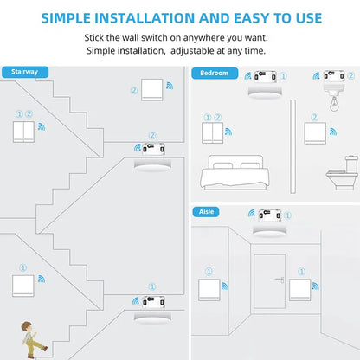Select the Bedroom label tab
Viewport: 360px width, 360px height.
click(214, 74)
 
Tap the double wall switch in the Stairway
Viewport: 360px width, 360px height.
click(23, 131)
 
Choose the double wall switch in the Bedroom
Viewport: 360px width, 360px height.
click(211, 132)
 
